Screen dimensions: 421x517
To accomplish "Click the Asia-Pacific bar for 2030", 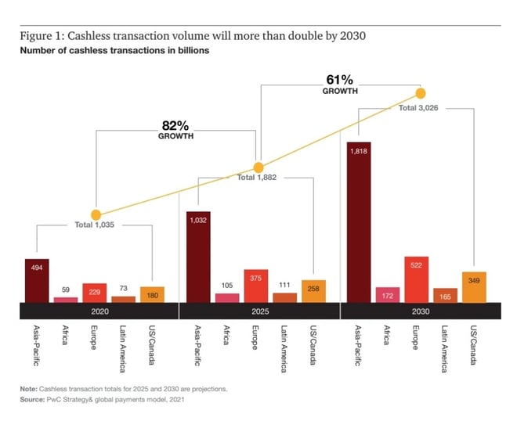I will coord(359,222).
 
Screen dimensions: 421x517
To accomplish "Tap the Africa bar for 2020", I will coord(66,299).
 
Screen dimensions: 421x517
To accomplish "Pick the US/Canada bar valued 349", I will coord(475,286).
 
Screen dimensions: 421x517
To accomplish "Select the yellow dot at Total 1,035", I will coord(96,214).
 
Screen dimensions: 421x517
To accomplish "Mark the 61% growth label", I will coord(340,84).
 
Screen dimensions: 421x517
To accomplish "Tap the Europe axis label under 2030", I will coord(414,337).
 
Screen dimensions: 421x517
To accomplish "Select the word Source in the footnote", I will coord(33,400).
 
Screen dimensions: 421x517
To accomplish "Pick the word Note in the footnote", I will coord(29,389).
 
